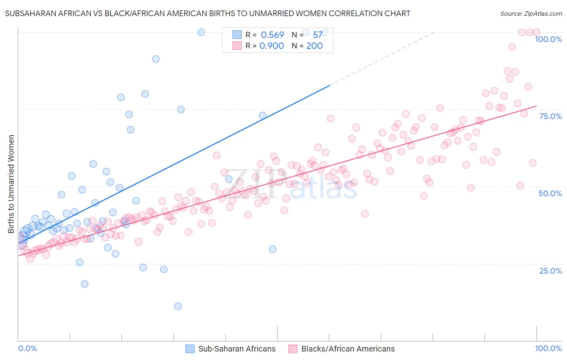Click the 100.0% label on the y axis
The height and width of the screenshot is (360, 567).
pos(548,39)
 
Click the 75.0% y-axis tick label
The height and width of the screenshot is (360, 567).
pos(550,116)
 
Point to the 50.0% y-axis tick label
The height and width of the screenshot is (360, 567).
pos(550,193)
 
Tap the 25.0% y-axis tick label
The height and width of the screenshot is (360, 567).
pos(550,271)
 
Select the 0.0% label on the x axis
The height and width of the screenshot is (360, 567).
pos(27,348)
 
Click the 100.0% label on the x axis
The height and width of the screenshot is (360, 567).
pos(548,348)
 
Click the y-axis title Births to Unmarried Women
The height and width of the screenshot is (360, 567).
pos(11,184)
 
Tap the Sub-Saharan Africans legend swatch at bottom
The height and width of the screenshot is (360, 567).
pos(190,349)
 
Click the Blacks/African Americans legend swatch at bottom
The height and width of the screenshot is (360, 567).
pos(293,349)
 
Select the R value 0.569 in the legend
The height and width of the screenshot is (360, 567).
pos(272,35)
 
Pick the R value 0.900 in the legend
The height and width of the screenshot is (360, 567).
pos(271,46)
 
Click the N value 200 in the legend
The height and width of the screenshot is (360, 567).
pos(314,46)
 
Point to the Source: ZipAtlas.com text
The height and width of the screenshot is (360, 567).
pos(531,14)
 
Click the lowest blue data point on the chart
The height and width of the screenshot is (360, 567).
pos(178,306)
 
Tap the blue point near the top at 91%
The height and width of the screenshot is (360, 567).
pos(156,59)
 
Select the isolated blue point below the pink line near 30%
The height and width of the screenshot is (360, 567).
pos(273,249)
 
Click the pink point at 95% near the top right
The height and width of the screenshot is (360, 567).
pos(512,47)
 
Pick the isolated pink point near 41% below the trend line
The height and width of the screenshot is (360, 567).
pos(365,214)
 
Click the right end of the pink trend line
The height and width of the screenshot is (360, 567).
pos(536,106)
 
